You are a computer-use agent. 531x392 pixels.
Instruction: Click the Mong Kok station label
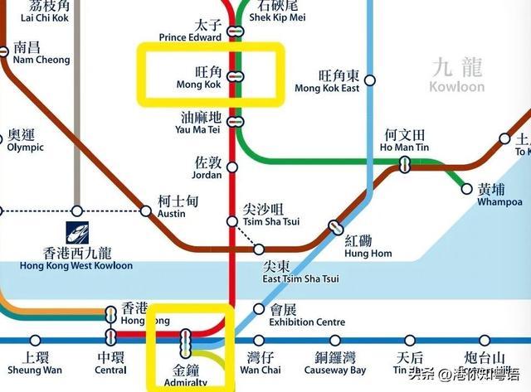199,77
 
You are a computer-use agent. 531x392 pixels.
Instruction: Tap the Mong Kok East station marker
370,80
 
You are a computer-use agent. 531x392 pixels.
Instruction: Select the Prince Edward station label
192,31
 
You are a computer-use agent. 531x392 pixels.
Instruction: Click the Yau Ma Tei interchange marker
236,121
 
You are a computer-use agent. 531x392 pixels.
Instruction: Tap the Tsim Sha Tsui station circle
233,221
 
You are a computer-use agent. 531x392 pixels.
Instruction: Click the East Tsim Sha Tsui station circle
259,249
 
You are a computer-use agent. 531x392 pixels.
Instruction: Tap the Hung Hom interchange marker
335,226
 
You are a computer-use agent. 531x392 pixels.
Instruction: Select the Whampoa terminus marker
466,189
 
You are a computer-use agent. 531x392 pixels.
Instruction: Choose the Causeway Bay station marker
334,340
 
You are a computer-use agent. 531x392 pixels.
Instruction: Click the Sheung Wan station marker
35,340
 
